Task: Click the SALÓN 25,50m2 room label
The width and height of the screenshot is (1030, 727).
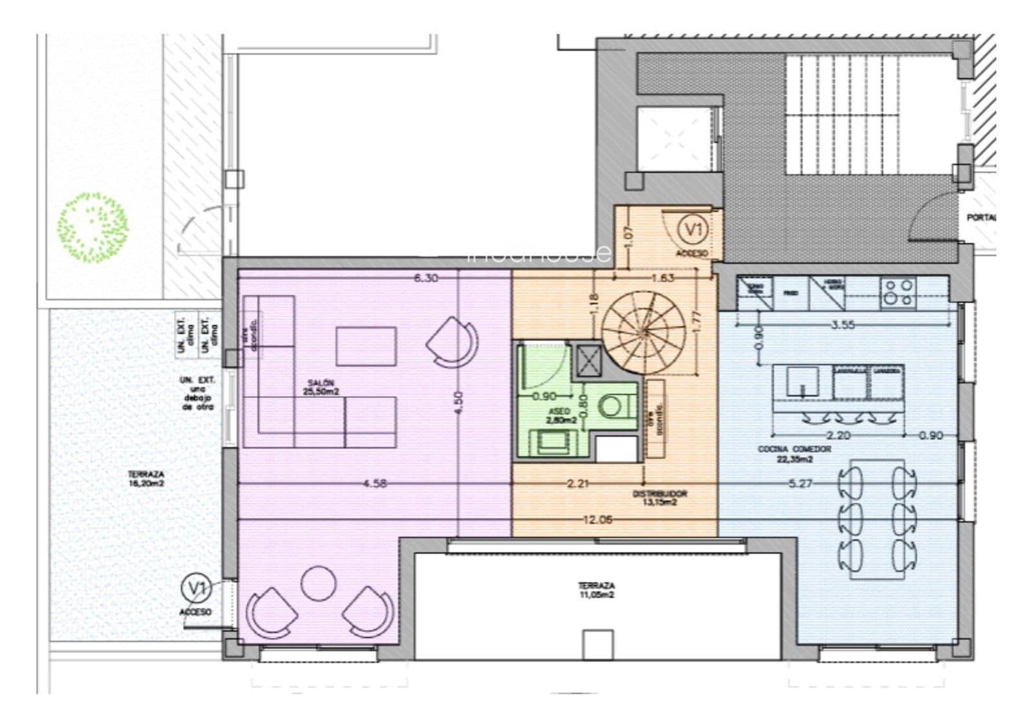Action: click(321, 387)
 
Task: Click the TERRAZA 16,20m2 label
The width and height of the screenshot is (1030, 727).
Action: click(146, 478)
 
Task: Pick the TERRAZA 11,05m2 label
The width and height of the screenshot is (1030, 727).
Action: click(595, 590)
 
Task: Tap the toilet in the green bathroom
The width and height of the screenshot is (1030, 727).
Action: click(612, 406)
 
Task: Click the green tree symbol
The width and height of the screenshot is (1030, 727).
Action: click(93, 227)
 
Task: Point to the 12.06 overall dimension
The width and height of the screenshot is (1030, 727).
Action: click(597, 520)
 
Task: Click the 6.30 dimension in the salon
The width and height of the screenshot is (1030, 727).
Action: click(426, 278)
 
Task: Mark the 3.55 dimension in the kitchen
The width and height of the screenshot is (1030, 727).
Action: click(843, 325)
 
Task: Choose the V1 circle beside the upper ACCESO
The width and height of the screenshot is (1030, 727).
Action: click(694, 229)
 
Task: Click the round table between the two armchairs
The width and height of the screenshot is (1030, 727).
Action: click(319, 583)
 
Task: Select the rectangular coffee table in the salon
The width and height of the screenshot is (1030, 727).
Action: click(366, 347)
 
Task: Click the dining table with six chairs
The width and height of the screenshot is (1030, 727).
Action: click(876, 519)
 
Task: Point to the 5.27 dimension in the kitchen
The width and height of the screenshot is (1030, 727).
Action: click(800, 484)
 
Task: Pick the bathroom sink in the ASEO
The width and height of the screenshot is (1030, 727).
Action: click(550, 443)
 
